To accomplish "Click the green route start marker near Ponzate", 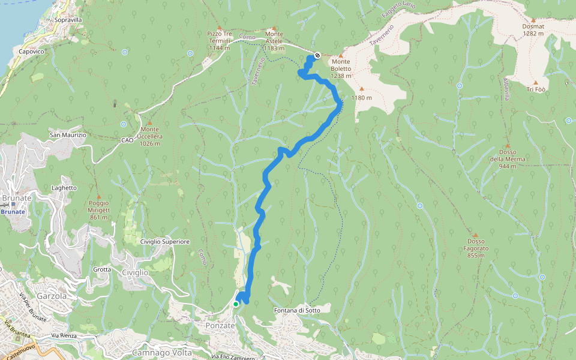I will click(236, 304).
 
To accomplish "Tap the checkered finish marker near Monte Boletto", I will click(317, 55).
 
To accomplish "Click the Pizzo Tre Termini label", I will click(219, 41).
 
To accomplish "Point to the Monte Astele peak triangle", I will click(274, 28).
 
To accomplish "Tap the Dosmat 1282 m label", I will click(533, 30).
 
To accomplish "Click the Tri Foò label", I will click(536, 89).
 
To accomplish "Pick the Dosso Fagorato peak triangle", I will click(475, 235).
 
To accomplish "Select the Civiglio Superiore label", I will click(164, 241).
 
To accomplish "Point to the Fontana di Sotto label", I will click(301, 310).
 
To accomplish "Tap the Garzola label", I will click(50, 296).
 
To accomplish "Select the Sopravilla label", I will click(68, 20).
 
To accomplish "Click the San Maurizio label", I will click(68, 135).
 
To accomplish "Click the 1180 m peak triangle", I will click(361, 89).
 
